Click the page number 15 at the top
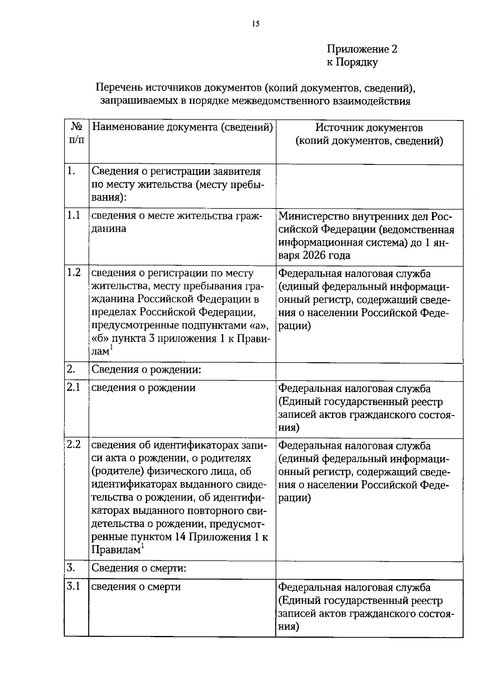256,24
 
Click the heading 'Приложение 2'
362,49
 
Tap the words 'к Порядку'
352,62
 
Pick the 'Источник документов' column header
369,128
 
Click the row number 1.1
74,215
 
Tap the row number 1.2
74,273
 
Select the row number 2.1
74,387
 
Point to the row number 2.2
74,445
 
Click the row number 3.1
74,586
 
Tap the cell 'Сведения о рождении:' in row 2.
146,369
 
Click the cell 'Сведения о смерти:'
140,568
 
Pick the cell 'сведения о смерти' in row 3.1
136,587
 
